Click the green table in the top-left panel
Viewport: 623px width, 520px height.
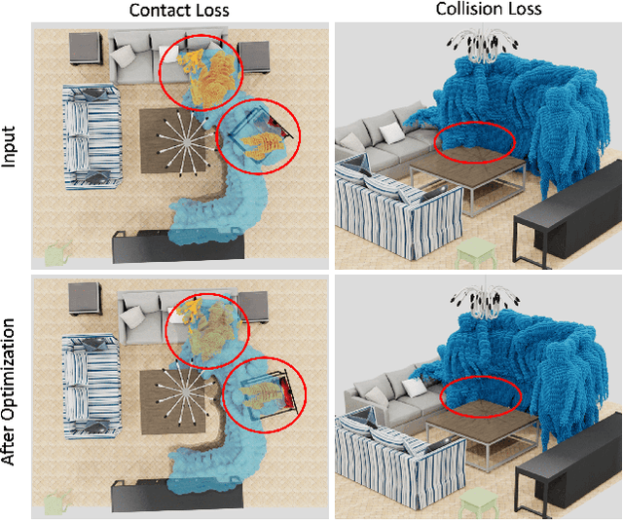pos(55,254)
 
